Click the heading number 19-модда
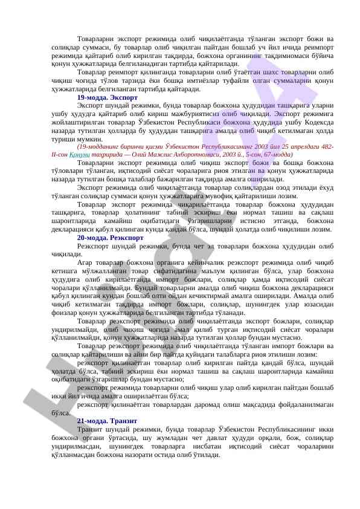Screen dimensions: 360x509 [90, 97]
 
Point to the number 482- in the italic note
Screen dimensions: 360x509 [324, 147]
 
